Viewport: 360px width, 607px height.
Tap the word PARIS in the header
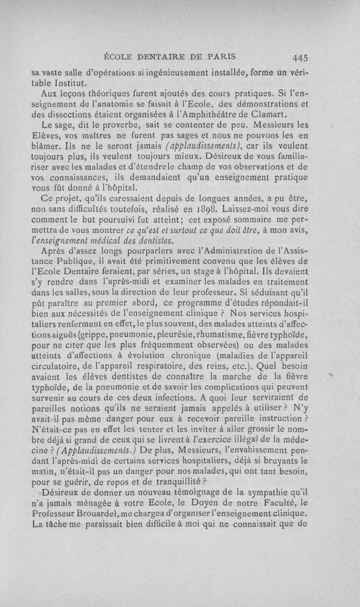coord(221,57)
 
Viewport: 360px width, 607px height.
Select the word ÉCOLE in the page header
coord(118,57)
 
